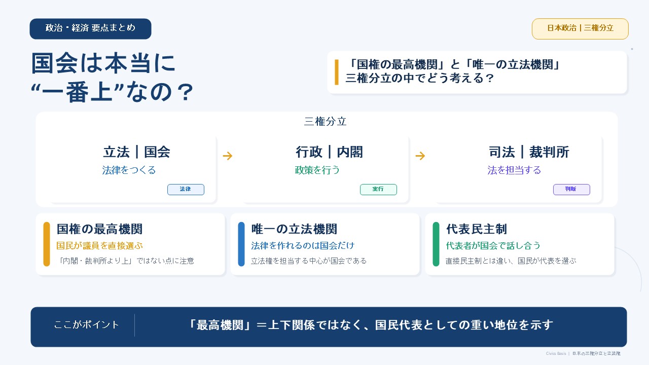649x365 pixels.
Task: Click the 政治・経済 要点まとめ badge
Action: point(90,29)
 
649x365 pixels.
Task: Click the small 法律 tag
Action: point(186,190)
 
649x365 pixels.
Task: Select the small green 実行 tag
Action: point(378,190)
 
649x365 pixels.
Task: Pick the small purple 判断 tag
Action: point(571,190)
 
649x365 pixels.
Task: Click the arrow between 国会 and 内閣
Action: point(228,156)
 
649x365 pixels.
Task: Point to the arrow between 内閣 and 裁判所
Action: point(420,156)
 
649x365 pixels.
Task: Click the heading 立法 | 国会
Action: point(136,152)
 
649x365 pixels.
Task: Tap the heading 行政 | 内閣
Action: point(329,152)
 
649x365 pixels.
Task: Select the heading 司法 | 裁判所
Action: point(529,152)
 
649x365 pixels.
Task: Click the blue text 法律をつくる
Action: point(129,170)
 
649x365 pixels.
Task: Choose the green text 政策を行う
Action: point(317,170)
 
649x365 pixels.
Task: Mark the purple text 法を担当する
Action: point(514,170)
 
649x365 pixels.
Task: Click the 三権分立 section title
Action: point(325,121)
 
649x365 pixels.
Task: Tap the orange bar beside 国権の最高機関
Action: point(47,244)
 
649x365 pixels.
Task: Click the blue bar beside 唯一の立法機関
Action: point(241,244)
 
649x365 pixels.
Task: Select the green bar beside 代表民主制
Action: point(436,244)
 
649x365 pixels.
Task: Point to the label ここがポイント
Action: point(86,325)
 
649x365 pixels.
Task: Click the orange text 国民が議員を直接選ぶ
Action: point(100,246)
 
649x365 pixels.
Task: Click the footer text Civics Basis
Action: point(556,353)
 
